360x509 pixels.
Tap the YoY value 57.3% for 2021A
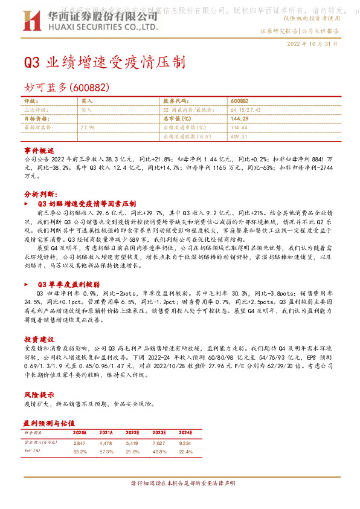106,451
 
